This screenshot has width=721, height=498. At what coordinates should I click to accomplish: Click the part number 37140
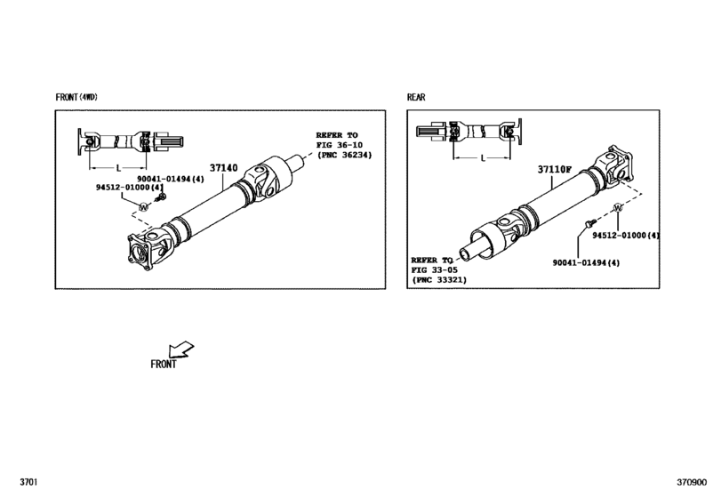pyautogui.click(x=223, y=168)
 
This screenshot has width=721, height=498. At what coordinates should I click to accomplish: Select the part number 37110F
pyautogui.click(x=555, y=170)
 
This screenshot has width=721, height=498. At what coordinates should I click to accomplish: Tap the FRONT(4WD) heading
pyautogui.click(x=76, y=97)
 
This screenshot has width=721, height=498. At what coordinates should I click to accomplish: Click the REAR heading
pyautogui.click(x=416, y=97)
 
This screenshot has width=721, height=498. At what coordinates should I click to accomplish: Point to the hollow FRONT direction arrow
pyautogui.click(x=180, y=349)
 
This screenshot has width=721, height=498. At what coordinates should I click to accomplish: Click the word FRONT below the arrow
pyautogui.click(x=164, y=365)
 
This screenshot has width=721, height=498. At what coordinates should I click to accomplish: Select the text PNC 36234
pyautogui.click(x=345, y=155)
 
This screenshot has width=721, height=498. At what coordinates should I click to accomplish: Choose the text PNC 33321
pyautogui.click(x=439, y=279)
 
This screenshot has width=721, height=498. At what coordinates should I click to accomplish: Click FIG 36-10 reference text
pyautogui.click(x=340, y=145)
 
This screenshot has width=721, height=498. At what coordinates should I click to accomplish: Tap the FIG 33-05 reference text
pyautogui.click(x=435, y=270)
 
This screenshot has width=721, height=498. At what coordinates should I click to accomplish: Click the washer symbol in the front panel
pyautogui.click(x=144, y=207)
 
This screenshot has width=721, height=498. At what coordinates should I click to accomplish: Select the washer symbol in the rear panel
pyautogui.click(x=618, y=208)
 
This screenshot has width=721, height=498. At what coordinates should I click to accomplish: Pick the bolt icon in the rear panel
pyautogui.click(x=590, y=223)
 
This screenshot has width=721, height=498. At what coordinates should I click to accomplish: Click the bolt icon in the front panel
pyautogui.click(x=161, y=197)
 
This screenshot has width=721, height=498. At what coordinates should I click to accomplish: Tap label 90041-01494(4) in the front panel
pyautogui.click(x=170, y=179)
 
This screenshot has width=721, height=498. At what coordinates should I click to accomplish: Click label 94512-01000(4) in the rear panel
pyautogui.click(x=626, y=236)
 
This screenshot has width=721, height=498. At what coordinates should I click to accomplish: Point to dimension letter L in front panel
pyautogui.click(x=118, y=168)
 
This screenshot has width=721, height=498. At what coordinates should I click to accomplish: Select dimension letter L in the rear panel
pyautogui.click(x=483, y=158)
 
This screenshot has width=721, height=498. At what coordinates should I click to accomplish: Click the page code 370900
pyautogui.click(x=691, y=482)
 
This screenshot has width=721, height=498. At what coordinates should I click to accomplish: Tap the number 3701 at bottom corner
pyautogui.click(x=28, y=482)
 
